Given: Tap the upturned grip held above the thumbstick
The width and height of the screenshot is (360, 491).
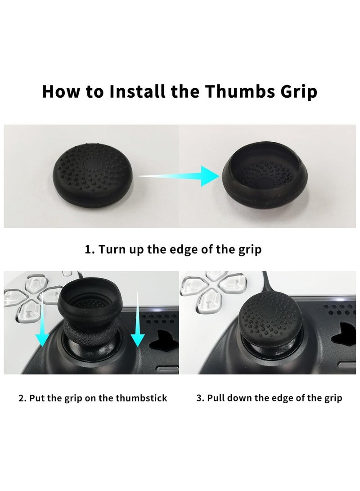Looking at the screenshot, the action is (x=89, y=302).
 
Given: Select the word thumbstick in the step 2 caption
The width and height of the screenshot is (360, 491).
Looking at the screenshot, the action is (x=141, y=398).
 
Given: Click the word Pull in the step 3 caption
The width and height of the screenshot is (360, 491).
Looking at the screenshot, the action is (x=216, y=398).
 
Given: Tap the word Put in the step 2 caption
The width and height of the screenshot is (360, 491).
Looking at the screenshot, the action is (x=37, y=398).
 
